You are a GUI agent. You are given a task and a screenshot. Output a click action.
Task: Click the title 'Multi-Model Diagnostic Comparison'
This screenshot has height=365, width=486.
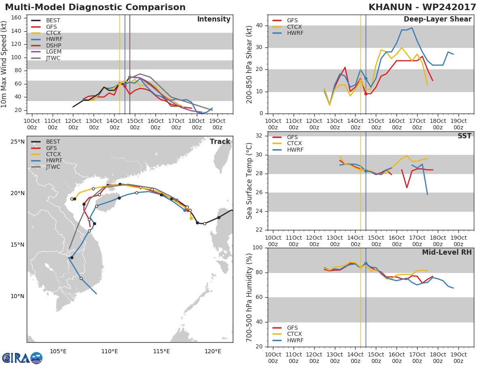(x=95, y=7)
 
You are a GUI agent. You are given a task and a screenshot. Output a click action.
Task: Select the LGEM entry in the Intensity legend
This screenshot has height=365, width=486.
(x=53, y=52)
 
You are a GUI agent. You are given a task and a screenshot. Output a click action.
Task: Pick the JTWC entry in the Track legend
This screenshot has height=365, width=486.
(x=53, y=167)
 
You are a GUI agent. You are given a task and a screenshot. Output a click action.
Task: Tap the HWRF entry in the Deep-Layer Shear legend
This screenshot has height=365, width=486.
(x=295, y=33)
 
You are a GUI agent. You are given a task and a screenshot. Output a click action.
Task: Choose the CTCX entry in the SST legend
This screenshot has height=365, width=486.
(x=295, y=144)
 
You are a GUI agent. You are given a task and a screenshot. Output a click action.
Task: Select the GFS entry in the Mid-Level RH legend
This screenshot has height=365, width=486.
(x=294, y=328)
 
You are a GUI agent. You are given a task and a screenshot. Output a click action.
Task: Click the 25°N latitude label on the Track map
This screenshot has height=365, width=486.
(x=17, y=142)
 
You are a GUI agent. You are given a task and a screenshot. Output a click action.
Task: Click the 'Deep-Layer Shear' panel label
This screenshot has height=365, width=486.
(x=437, y=19)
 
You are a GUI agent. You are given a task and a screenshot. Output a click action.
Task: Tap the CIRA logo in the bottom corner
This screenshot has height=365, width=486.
(x=22, y=358)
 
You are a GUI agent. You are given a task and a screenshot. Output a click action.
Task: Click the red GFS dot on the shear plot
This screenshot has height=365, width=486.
(x=366, y=94)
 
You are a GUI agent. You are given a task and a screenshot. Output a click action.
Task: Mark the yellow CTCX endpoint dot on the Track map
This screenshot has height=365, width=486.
(x=191, y=218)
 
